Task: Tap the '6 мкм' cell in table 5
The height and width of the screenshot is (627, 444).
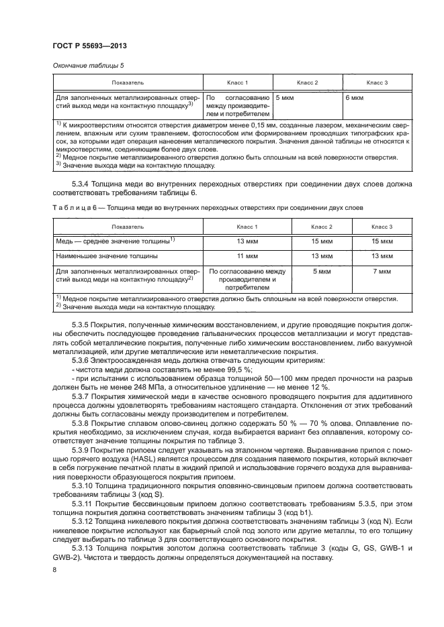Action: click(x=354, y=97)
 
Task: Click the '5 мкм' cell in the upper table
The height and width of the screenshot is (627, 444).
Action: click(x=285, y=97)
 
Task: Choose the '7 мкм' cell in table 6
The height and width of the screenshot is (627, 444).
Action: click(x=381, y=271)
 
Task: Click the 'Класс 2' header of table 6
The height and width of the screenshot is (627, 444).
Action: click(x=322, y=227)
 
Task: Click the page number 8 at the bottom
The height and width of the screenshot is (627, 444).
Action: click(x=54, y=570)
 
